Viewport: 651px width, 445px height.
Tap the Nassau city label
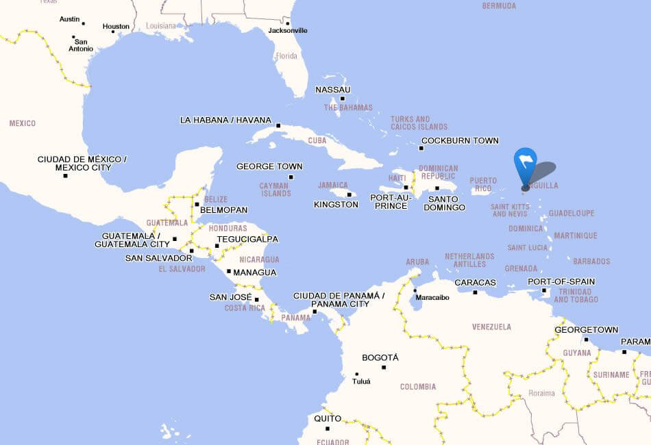[333, 90]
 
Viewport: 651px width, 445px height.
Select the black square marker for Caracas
[475, 292]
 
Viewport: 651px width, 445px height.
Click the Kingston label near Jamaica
[336, 204]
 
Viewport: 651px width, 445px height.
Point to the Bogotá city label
[380, 357]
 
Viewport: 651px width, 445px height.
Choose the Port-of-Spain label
[561, 281]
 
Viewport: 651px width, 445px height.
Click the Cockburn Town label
[460, 140]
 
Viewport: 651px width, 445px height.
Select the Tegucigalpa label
[247, 239]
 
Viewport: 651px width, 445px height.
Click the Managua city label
[255, 272]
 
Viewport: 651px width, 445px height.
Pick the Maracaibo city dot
[415, 290]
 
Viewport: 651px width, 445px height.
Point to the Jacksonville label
[288, 30]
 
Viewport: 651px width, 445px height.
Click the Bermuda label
[499, 5]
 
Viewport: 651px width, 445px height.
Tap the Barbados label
[591, 261]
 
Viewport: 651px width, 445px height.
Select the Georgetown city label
[587, 329]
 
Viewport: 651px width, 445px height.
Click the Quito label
[328, 418]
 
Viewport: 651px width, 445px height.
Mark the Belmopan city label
[223, 209]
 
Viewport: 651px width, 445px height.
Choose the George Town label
[269, 166]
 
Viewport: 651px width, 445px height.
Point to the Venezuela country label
[491, 327]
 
